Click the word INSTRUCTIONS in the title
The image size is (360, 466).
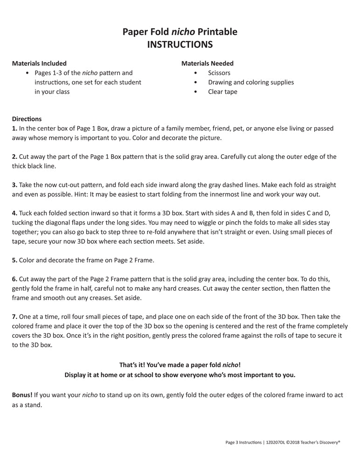[180, 45]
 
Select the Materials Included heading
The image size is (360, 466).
[39, 63]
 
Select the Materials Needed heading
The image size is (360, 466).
[207, 63]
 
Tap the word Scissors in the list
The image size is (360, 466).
[219, 73]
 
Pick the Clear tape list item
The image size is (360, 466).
[223, 92]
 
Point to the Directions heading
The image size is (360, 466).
[27, 119]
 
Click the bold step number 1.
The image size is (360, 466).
[14, 128]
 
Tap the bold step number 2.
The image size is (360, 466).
[14, 157]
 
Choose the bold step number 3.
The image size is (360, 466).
[14, 185]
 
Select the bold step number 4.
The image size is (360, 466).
[14, 213]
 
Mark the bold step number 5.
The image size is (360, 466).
[14, 260]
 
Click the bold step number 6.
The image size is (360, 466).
[14, 279]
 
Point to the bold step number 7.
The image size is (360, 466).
[14, 316]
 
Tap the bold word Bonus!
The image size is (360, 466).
[22, 395]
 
